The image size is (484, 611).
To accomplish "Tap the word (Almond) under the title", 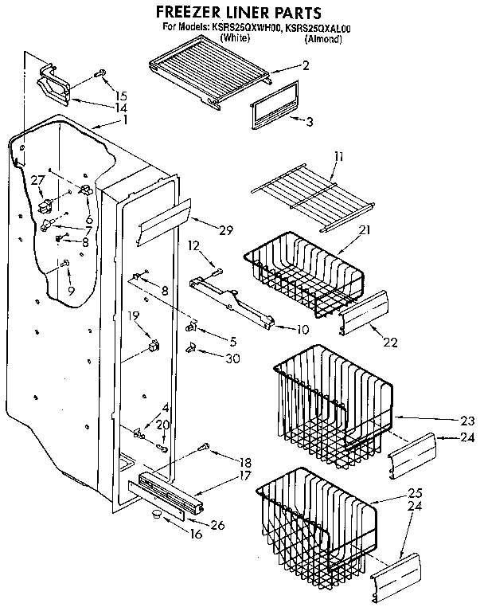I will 322,37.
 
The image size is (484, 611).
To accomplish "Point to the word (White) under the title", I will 236,37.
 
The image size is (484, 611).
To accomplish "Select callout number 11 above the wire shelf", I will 339,157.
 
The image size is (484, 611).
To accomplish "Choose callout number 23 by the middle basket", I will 466,421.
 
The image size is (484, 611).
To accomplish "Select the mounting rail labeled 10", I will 230,302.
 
